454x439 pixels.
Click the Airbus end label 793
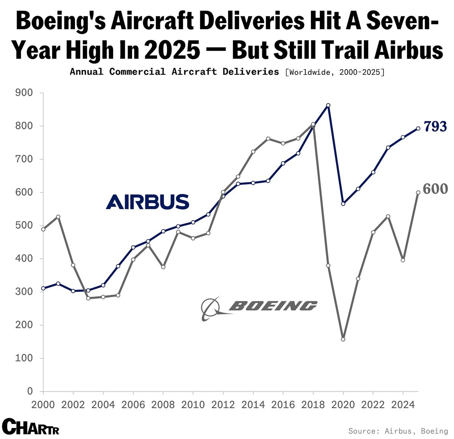pyautogui.click(x=435, y=127)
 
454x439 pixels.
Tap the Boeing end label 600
pyautogui.click(x=435, y=189)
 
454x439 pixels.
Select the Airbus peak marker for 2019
pyautogui.click(x=328, y=105)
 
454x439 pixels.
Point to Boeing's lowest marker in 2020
pyautogui.click(x=343, y=339)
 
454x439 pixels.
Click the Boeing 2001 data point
pyautogui.click(x=58, y=217)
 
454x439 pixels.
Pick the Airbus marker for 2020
pyautogui.click(x=343, y=204)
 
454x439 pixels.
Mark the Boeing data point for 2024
pyautogui.click(x=403, y=260)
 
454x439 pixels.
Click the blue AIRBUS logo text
pyautogui.click(x=148, y=202)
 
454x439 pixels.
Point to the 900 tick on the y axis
pyautogui.click(x=24, y=93)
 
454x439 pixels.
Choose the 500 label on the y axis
pyautogui.click(x=24, y=226)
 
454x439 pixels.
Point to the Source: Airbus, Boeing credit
pyautogui.click(x=398, y=431)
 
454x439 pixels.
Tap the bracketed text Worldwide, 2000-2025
pyautogui.click(x=334, y=72)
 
